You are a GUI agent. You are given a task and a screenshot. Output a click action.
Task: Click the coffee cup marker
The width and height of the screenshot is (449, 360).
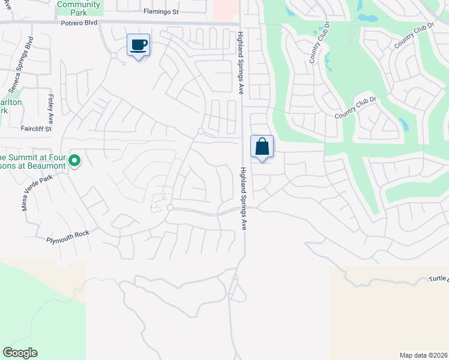point(139,45)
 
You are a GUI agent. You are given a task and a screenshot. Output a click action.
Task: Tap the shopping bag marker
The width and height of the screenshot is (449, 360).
point(262,146)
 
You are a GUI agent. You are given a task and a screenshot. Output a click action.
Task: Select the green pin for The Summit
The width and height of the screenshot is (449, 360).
point(74,160)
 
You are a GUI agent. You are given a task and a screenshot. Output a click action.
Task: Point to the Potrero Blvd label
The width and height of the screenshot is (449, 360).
point(79,24)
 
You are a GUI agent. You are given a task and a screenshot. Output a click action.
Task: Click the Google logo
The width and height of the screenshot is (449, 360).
point(20,353)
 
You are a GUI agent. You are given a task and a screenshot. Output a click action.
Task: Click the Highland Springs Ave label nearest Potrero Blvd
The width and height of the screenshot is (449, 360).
point(240,63)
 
